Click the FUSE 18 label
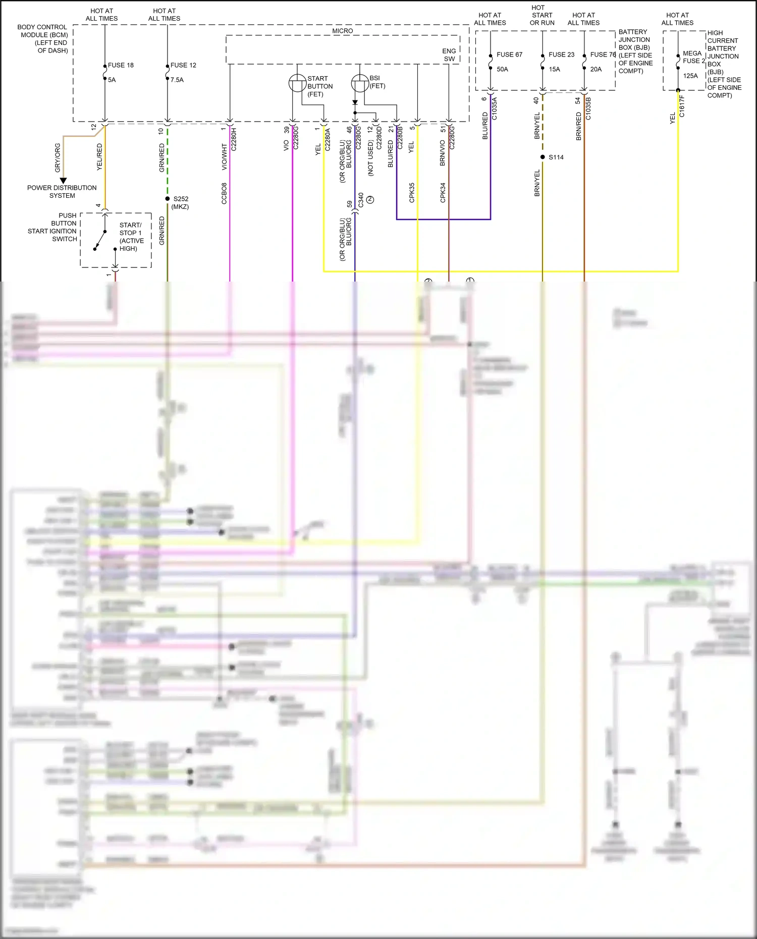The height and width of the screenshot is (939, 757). click(x=121, y=65)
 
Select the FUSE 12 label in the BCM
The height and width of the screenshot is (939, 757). click(x=183, y=65)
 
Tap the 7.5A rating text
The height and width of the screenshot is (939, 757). click(x=177, y=80)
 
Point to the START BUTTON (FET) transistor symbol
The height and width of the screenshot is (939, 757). click(x=297, y=83)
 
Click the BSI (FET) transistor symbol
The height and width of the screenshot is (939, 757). click(x=359, y=83)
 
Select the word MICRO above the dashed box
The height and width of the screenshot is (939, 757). click(x=343, y=31)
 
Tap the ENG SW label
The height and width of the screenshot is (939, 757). click(x=449, y=55)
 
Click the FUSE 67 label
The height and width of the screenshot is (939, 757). click(x=509, y=54)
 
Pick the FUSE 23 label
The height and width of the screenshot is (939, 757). click(x=561, y=54)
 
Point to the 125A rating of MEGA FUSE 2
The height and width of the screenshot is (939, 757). click(x=690, y=76)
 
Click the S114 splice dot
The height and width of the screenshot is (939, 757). click(x=543, y=157)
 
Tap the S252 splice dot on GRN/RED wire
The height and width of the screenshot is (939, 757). click(x=168, y=199)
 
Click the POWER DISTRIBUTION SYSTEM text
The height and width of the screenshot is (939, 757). click(x=62, y=191)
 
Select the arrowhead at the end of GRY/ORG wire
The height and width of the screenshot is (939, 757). click(x=63, y=180)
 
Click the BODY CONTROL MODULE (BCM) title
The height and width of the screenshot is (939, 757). click(x=43, y=38)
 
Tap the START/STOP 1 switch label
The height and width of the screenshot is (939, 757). click(x=131, y=237)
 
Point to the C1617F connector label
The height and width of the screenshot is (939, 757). click(x=682, y=106)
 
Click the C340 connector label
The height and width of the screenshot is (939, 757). click(x=361, y=200)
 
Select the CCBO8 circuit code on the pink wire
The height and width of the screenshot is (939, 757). click(x=224, y=193)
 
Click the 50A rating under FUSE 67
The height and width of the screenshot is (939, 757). click(x=502, y=69)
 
